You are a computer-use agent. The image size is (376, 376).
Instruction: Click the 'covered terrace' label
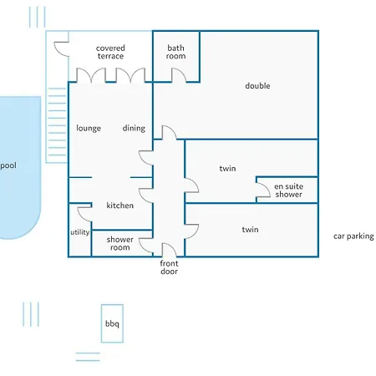tap(110, 53)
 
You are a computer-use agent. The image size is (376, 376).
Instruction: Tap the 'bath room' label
tap(176, 53)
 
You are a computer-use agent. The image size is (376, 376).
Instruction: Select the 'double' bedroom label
tap(257, 86)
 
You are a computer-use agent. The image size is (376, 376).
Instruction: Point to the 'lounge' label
tap(89, 129)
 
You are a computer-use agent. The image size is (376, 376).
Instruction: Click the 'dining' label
tap(134, 129)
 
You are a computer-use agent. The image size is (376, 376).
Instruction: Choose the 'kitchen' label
tap(120, 206)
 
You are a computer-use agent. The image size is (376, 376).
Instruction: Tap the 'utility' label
tap(79, 233)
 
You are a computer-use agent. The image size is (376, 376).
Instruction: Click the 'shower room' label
tap(120, 243)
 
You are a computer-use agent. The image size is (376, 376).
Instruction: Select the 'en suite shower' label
tap(289, 191)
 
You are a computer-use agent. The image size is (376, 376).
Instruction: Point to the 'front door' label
tap(169, 267)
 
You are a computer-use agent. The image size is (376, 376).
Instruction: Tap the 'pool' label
tap(8, 166)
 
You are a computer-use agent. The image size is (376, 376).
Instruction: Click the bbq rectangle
tap(112, 323)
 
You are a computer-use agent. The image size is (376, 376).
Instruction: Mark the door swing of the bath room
tap(178, 76)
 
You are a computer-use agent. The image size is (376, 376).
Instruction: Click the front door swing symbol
tap(169, 250)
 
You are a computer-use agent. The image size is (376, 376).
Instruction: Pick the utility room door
tap(84, 212)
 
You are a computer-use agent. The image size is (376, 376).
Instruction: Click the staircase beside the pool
tap(56, 125)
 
